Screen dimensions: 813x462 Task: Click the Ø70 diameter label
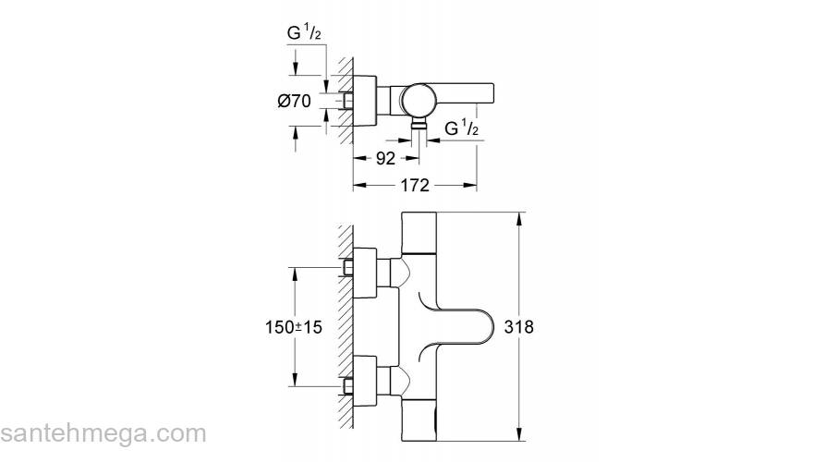pyautogui.click(x=294, y=101)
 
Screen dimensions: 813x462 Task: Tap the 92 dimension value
pyautogui.click(x=385, y=159)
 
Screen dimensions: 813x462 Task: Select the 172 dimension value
pyautogui.click(x=415, y=185)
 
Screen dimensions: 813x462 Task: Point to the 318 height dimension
pyautogui.click(x=518, y=327)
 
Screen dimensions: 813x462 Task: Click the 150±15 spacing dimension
pyautogui.click(x=294, y=327)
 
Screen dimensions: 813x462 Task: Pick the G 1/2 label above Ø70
pyautogui.click(x=304, y=33)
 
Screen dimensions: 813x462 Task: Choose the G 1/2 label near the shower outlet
pyautogui.click(x=461, y=128)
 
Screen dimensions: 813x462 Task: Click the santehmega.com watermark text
pyautogui.click(x=103, y=433)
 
